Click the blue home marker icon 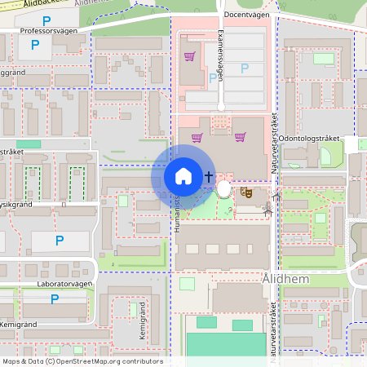(x=183, y=175)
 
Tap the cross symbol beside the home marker (x=210, y=175)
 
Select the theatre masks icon (x=245, y=192)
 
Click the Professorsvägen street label (x=48, y=30)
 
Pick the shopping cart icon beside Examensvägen (x=189, y=56)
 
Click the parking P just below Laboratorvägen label (x=55, y=299)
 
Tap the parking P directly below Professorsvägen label (x=34, y=46)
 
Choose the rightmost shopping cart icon (x=239, y=136)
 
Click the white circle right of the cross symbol (x=224, y=189)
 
